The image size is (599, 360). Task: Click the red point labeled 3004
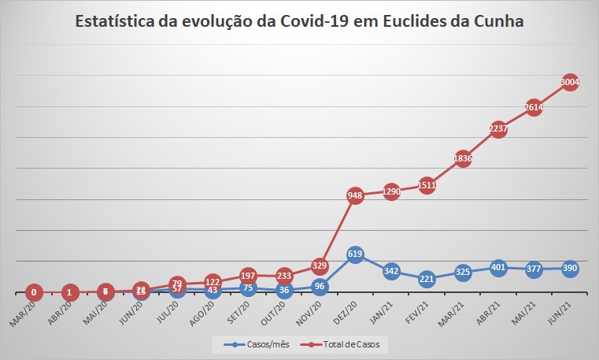click(x=570, y=82)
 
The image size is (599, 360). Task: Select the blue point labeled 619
click(x=355, y=254)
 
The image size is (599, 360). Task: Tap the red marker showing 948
click(x=355, y=196)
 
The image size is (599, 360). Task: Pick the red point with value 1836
click(x=462, y=158)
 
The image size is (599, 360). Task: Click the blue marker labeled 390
click(x=570, y=269)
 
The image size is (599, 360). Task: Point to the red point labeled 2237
click(x=498, y=130)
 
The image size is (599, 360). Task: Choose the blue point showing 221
click(x=427, y=278)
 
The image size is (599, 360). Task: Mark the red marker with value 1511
click(x=427, y=185)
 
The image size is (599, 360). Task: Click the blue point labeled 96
click(x=320, y=286)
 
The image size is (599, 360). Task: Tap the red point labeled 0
click(x=33, y=292)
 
